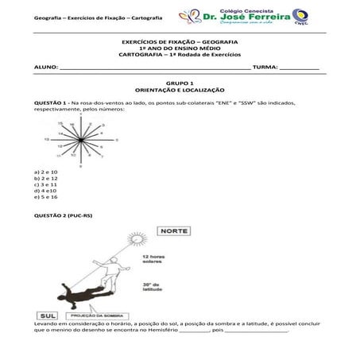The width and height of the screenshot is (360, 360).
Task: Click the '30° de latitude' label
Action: pos(152,287)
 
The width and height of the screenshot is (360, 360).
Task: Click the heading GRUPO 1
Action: pos(180,83)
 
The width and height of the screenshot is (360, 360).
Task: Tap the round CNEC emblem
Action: pos(300,16)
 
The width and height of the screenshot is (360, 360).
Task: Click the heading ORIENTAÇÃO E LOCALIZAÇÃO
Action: pos(180,90)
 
